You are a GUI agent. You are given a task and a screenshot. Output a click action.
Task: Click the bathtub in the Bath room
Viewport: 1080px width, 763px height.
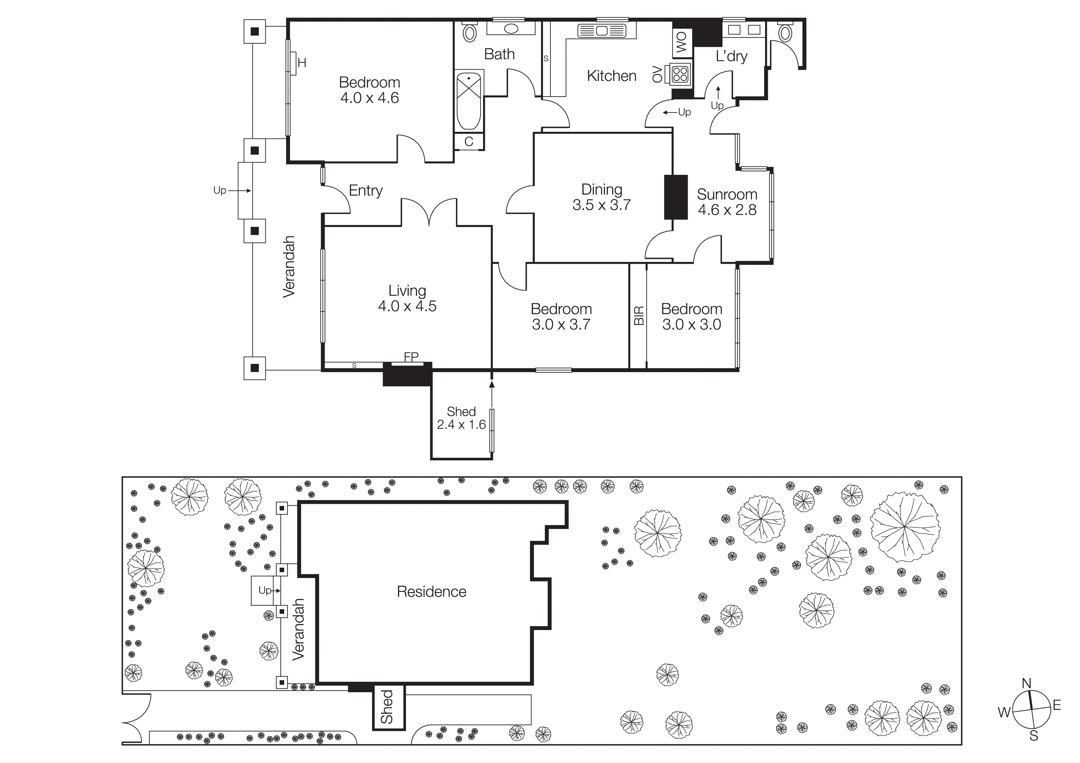pyautogui.click(x=469, y=100)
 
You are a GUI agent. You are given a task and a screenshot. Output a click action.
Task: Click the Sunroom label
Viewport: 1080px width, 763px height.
pyautogui.click(x=727, y=194)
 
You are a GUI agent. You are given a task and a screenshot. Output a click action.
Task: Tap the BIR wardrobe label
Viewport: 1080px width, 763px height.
pyautogui.click(x=638, y=315)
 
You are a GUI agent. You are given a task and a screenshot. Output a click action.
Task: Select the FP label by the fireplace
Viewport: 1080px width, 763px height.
pyautogui.click(x=411, y=357)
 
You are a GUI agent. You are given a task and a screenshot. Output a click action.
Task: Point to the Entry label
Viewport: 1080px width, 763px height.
pyautogui.click(x=365, y=191)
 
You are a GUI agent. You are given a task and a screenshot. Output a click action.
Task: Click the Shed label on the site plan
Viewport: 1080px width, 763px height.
pyautogui.click(x=387, y=707)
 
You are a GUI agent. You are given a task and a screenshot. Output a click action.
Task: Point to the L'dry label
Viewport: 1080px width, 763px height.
pyautogui.click(x=731, y=56)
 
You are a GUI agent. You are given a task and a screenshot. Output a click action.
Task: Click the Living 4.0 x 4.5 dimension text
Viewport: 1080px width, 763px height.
pyautogui.click(x=407, y=306)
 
